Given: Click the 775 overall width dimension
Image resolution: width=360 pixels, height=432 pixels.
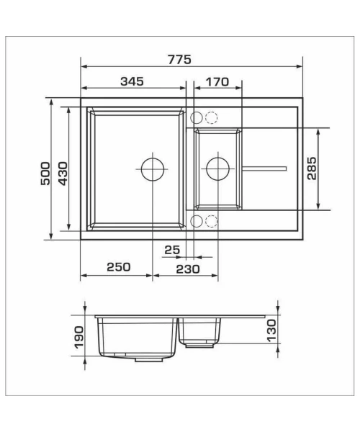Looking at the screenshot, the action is click(179, 60).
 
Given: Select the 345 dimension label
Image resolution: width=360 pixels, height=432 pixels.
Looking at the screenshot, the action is click(132, 81).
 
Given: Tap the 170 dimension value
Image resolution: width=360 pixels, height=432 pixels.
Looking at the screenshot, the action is click(217, 82).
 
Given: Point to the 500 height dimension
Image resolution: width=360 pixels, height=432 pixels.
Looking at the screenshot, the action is click(45, 174).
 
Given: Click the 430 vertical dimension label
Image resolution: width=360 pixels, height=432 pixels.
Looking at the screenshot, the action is click(63, 174).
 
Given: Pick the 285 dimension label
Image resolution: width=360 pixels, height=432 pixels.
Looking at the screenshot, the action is click(312, 168).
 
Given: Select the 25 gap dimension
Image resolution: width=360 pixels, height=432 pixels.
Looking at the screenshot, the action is click(172, 250).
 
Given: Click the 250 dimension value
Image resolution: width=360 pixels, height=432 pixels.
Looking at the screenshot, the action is click(119, 266).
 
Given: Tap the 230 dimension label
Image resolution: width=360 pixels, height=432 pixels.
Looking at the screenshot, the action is click(188, 269).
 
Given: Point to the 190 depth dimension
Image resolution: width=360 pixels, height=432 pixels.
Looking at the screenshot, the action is click(79, 337).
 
